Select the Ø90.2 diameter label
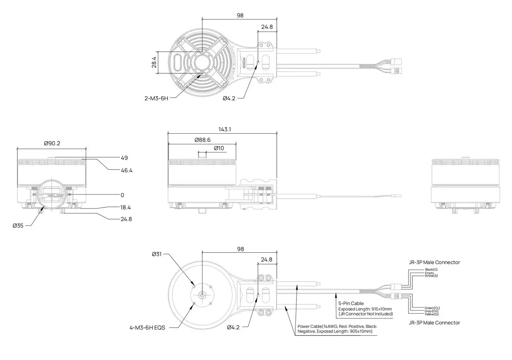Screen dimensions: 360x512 (x=52, y=143)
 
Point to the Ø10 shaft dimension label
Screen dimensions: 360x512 (x=219, y=148)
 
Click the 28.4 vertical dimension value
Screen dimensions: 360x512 (x=154, y=62)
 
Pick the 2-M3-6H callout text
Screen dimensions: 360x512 (x=156, y=98)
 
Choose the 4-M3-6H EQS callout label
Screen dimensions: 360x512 (x=147, y=328)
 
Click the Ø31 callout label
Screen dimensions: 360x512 (x=157, y=254)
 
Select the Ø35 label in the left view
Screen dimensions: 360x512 (x=18, y=225)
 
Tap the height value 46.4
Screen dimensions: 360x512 (x=126, y=170)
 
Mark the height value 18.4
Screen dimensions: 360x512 (x=126, y=208)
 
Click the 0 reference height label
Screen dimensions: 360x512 (x=123, y=195)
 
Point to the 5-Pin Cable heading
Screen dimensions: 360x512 (x=351, y=304)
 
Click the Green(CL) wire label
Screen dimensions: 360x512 (x=432, y=308)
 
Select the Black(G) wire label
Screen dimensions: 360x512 (x=431, y=270)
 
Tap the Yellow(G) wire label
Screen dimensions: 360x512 (x=431, y=314)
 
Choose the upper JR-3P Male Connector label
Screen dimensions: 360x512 (x=434, y=262)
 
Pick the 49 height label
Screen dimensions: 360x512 (x=124, y=158)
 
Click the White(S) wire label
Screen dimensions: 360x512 (x=431, y=276)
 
